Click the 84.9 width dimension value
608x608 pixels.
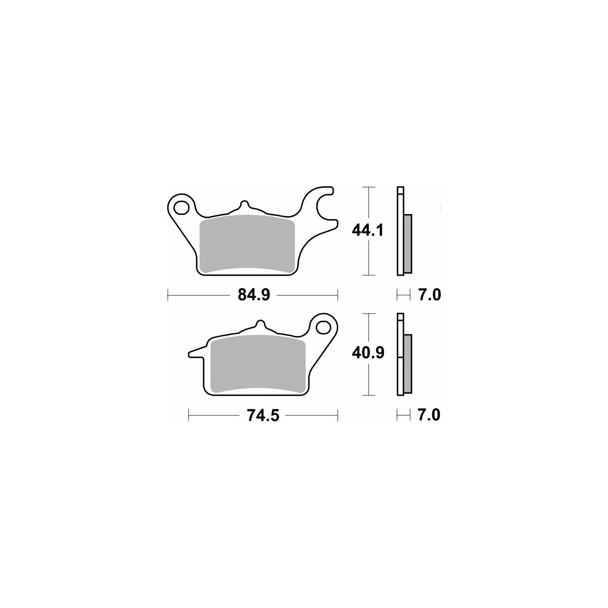pyautogui.click(x=254, y=295)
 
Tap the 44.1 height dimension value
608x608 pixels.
pyautogui.click(x=367, y=230)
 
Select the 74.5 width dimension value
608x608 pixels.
pyautogui.click(x=263, y=415)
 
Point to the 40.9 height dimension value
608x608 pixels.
pyautogui.click(x=368, y=353)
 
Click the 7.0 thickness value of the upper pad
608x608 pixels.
pyautogui.click(x=429, y=295)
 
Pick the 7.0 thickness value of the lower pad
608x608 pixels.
pyautogui.click(x=429, y=415)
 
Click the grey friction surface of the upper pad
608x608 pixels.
pyautogui.click(x=248, y=244)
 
